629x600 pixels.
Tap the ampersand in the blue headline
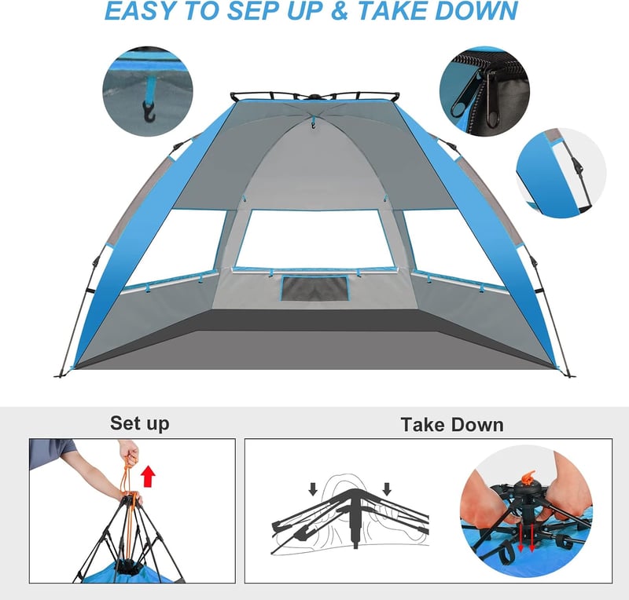pos(340,10)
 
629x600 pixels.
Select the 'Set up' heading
pos(140,423)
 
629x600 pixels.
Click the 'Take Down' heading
pos(451,424)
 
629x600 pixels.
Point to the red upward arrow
pos(149,476)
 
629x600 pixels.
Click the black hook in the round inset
pos(149,112)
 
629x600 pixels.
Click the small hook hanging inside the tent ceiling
pos(313,126)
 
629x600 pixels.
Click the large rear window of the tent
pos(314,239)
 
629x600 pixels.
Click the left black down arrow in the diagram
pos(313,488)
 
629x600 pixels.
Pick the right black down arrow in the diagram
pos(387,488)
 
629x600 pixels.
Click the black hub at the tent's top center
pos(314,96)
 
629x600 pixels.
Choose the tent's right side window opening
pos(454,247)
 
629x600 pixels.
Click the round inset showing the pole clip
pos(561,173)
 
